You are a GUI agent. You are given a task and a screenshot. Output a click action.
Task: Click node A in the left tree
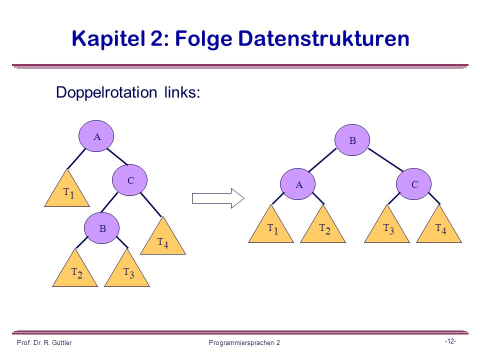[x=96, y=136]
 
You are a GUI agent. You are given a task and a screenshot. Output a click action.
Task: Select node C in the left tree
[x=130, y=180]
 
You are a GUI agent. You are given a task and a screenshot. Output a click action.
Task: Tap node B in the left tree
[x=101, y=228]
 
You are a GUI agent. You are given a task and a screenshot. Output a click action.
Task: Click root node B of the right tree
[x=352, y=140]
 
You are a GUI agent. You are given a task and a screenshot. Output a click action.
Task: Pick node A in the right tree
[x=297, y=184]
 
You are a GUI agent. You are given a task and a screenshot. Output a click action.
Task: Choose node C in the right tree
[x=413, y=184]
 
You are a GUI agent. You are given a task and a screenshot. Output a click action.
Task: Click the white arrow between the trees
[x=218, y=198]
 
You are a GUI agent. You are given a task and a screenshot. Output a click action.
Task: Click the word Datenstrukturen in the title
[x=323, y=38]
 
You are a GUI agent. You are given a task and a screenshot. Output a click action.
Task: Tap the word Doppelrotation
[x=106, y=92]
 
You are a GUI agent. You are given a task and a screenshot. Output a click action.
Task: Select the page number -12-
[x=450, y=341]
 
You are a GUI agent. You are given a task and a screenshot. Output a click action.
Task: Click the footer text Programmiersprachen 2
[x=244, y=343]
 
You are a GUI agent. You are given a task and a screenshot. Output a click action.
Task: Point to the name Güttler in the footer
[x=61, y=342]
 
